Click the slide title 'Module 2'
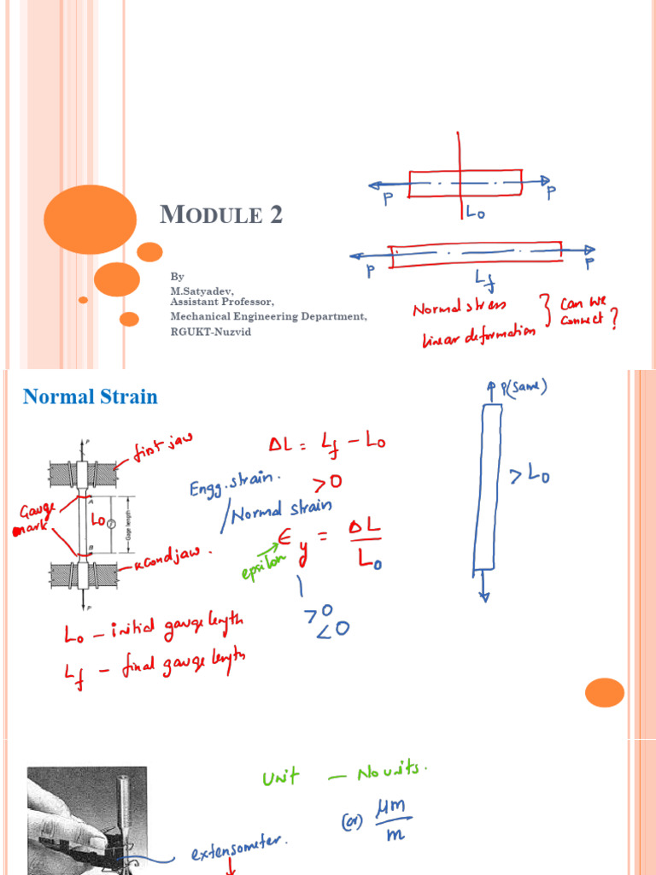(x=221, y=215)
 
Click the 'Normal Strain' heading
(x=90, y=396)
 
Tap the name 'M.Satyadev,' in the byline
(x=202, y=291)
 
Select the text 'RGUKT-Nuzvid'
(x=211, y=331)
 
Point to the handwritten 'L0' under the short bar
(x=475, y=211)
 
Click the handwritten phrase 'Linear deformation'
(x=478, y=336)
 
